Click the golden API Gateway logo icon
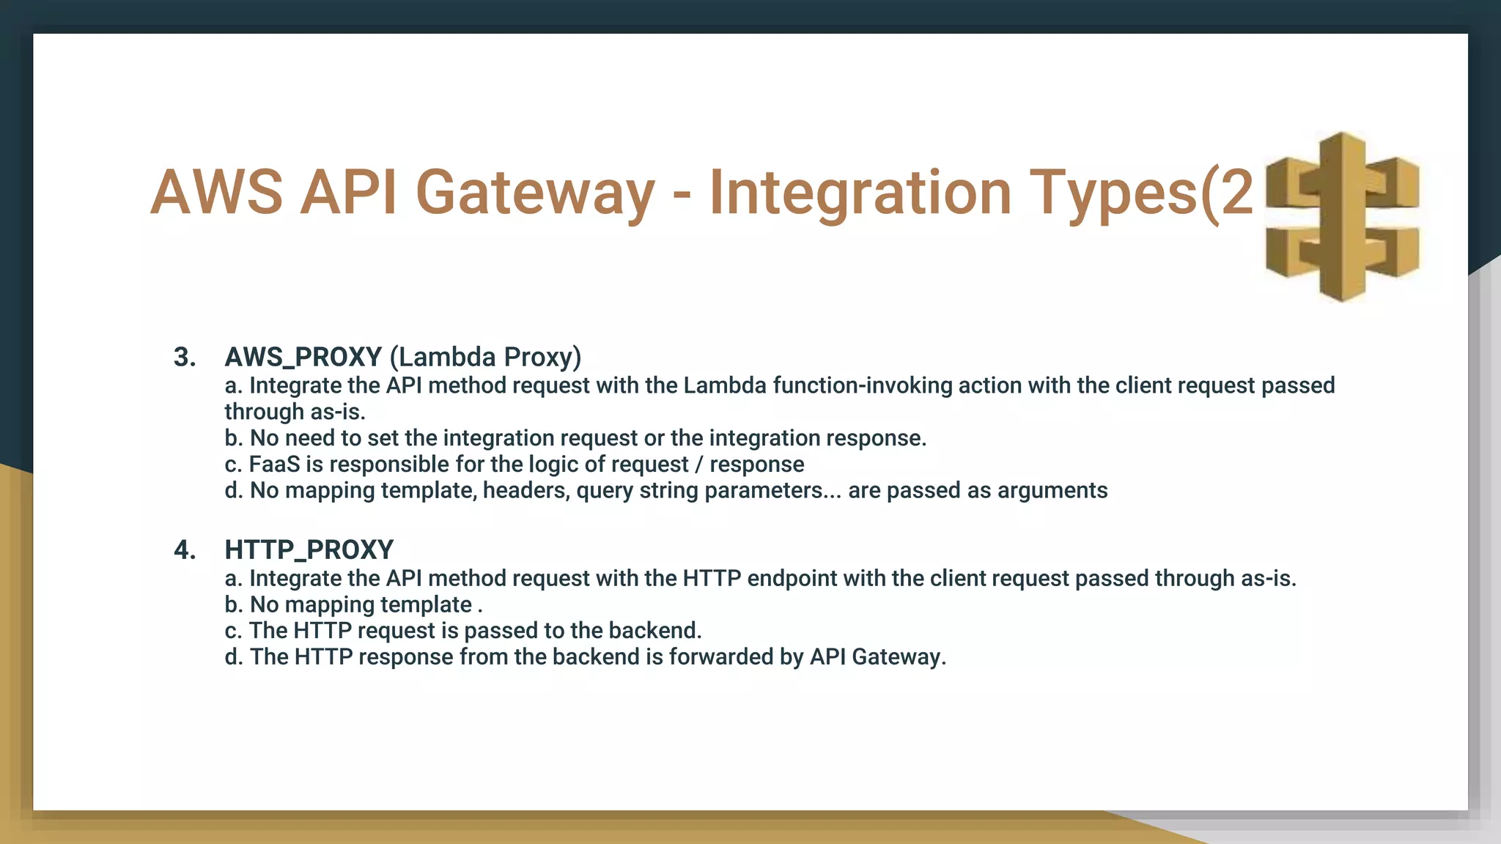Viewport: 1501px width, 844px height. (1342, 217)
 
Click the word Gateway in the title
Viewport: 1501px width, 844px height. (534, 193)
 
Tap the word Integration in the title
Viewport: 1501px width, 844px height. (860, 193)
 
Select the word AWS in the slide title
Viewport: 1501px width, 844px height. (216, 193)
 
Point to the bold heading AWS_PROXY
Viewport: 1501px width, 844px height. (303, 358)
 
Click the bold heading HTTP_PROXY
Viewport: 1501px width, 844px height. (309, 550)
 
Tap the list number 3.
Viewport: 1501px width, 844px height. (184, 358)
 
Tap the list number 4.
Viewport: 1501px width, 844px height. (184, 550)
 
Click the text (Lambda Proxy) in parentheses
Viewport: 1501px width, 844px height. (485, 358)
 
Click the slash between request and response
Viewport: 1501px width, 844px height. (698, 464)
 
